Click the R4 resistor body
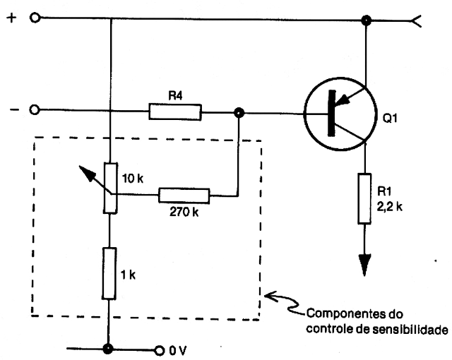click(175, 112)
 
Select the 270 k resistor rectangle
click(184, 196)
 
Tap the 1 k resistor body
click(109, 273)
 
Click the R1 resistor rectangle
click(364, 198)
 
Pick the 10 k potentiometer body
click(111, 188)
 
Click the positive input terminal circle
click(35, 18)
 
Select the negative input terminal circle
click(35, 109)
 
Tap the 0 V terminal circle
click(160, 350)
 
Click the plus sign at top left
click(11, 18)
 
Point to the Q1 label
click(390, 118)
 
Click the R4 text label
click(175, 95)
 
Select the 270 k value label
click(184, 212)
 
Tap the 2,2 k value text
click(389, 207)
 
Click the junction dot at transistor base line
click(239, 113)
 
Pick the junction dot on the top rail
click(366, 20)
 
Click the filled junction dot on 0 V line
click(108, 349)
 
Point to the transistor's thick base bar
click(332, 113)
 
